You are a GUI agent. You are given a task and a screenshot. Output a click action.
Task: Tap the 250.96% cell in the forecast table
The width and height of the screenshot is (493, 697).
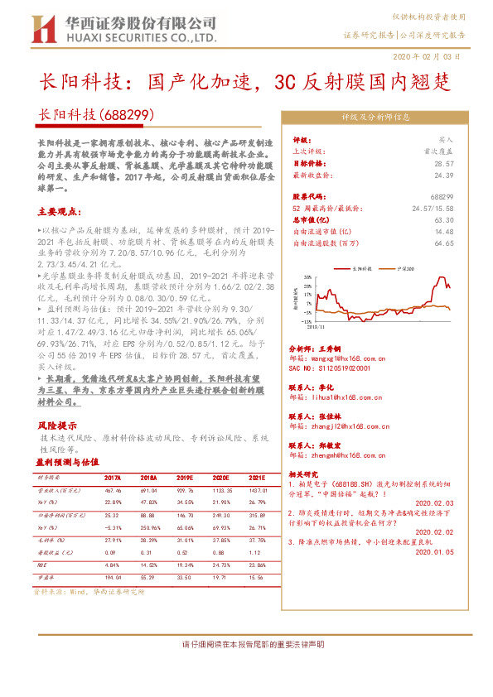(x=150, y=527)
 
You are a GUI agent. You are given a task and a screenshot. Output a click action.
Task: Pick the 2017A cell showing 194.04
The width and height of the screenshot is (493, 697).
(x=114, y=575)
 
